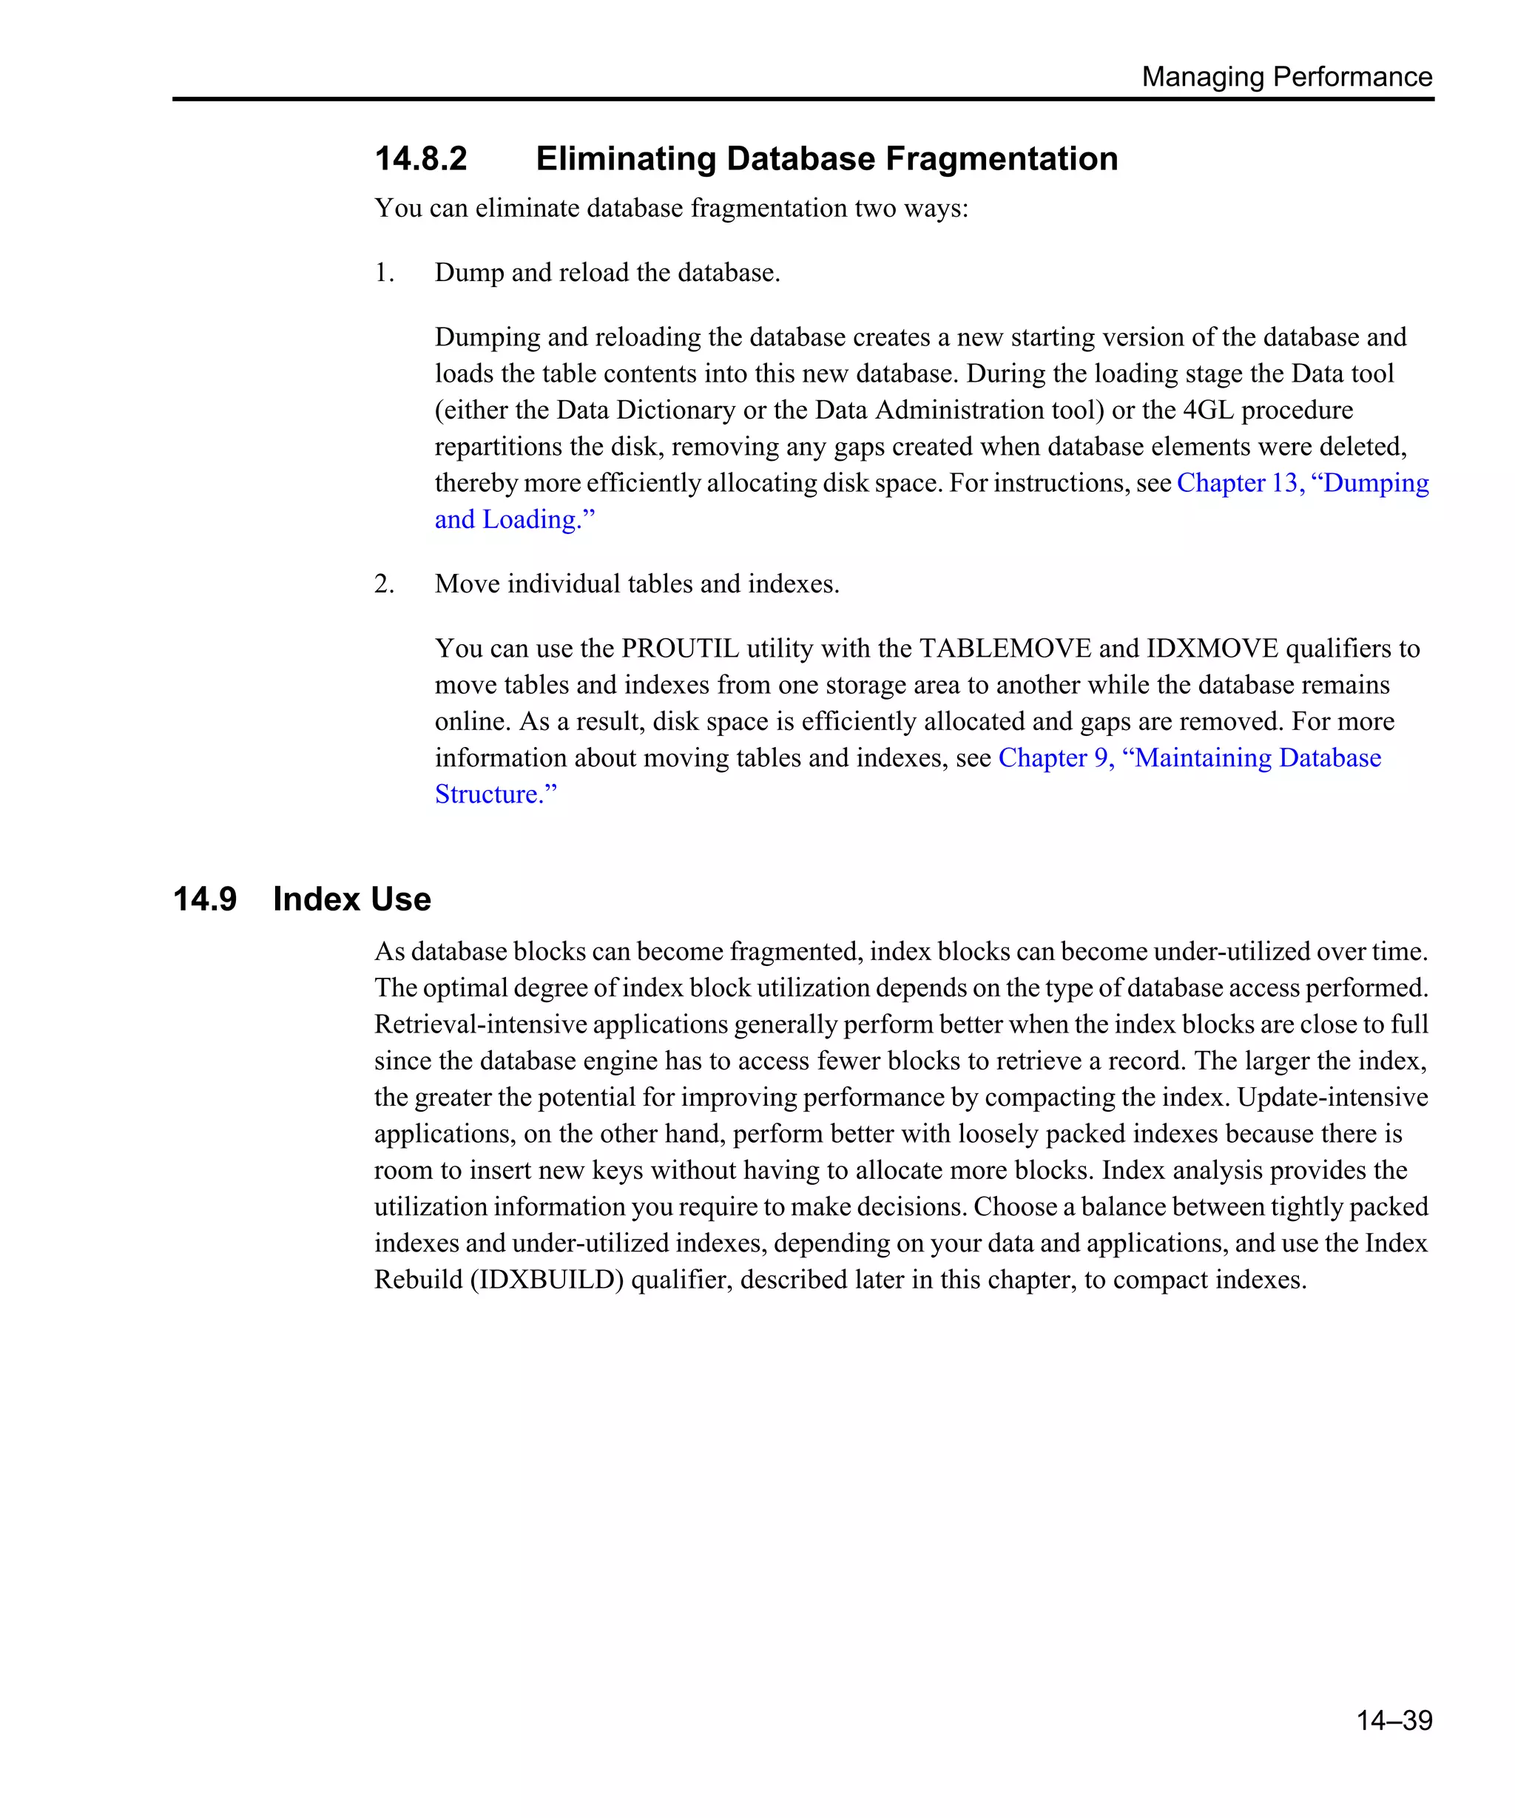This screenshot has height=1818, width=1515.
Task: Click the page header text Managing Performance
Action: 1286,76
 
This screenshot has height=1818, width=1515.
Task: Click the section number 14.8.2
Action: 421,158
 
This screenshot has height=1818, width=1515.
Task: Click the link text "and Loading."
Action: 514,519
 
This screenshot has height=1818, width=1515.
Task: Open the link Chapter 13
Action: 1238,483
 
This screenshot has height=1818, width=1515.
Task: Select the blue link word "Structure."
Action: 495,794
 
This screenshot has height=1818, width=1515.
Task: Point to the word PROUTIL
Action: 680,649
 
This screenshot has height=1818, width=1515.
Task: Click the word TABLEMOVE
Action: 1005,649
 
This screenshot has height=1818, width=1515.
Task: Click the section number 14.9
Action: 204,899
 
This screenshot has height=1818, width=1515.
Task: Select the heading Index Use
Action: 351,899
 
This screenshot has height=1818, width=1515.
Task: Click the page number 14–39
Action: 1393,1720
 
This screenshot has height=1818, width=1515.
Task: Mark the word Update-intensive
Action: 1332,1098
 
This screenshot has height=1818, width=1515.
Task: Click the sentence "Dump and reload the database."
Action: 607,273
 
